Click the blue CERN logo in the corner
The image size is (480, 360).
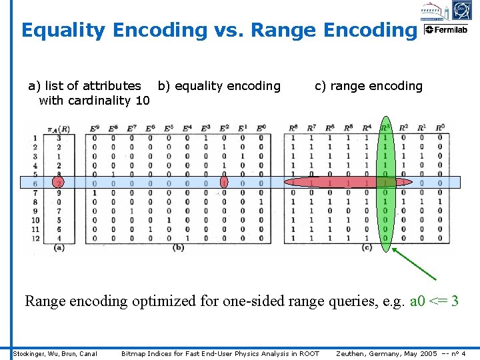461,10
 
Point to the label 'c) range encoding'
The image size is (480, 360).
368,86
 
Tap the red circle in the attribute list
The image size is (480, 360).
59,183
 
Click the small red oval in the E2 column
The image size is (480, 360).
224,183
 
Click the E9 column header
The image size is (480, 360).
94,128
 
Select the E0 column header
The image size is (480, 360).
261,128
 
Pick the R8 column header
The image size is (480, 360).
293,128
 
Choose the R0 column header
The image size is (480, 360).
440,128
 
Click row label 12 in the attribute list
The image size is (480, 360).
35,238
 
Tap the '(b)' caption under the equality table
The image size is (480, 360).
178,248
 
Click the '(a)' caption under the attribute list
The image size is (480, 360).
59,248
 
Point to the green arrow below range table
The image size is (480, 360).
414,263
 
